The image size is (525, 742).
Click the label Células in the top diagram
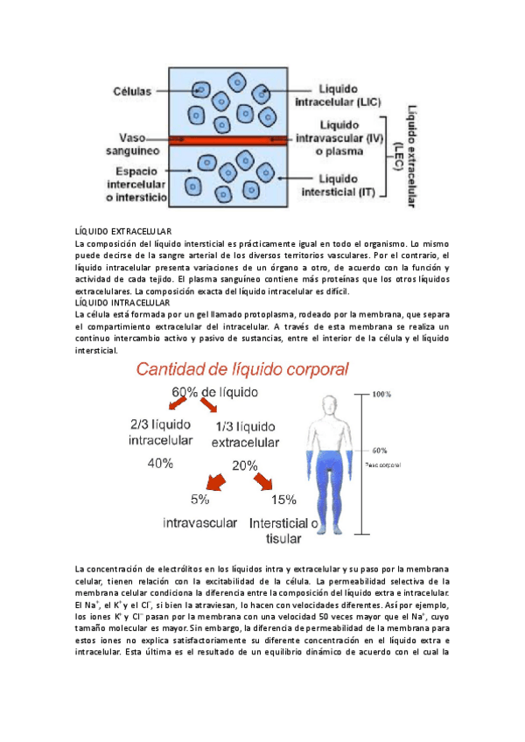click(x=132, y=90)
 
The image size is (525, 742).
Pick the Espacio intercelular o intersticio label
click(x=139, y=185)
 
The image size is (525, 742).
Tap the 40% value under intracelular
click(x=160, y=464)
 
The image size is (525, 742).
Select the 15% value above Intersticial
click(x=283, y=500)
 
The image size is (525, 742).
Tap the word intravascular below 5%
click(x=200, y=523)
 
